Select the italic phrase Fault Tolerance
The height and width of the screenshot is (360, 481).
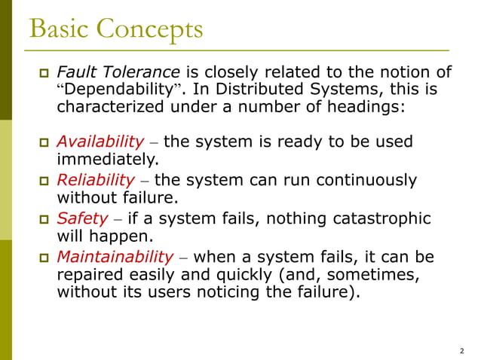(118, 72)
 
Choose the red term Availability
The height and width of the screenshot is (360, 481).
(100, 142)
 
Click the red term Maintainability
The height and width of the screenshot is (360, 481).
(117, 258)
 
